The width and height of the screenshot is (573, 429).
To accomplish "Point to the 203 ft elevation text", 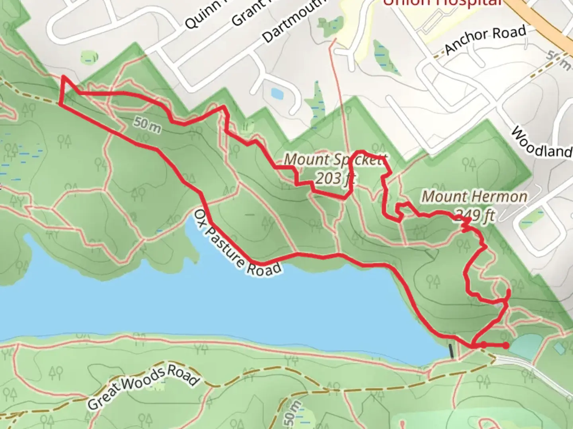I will pos(334,178).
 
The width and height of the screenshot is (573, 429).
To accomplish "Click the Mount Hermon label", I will pos(474,196).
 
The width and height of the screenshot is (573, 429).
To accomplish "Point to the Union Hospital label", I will pos(442,3).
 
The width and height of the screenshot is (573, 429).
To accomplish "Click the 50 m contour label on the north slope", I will pos(147,124).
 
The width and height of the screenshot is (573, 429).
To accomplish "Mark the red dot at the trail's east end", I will pos(505,346).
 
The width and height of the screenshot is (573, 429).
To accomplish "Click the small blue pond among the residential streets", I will pos(276,93).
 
